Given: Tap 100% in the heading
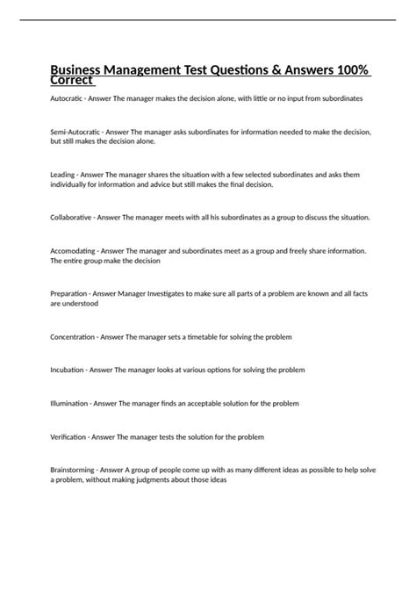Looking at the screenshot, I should pyautogui.click(x=351, y=71).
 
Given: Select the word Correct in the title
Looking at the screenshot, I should pyautogui.click(x=71, y=82).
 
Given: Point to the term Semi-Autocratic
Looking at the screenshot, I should pyautogui.click(x=76, y=131).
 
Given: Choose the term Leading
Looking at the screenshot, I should pyautogui.click(x=63, y=175).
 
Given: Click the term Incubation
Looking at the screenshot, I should pyautogui.click(x=68, y=370).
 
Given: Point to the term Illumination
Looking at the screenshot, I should pyautogui.click(x=70, y=403).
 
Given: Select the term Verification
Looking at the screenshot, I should pyautogui.click(x=69, y=436).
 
